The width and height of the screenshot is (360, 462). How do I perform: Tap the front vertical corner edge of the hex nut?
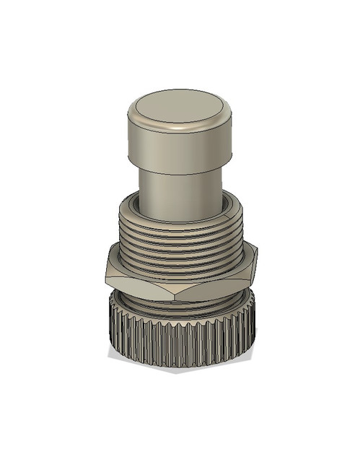pos(187,287)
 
